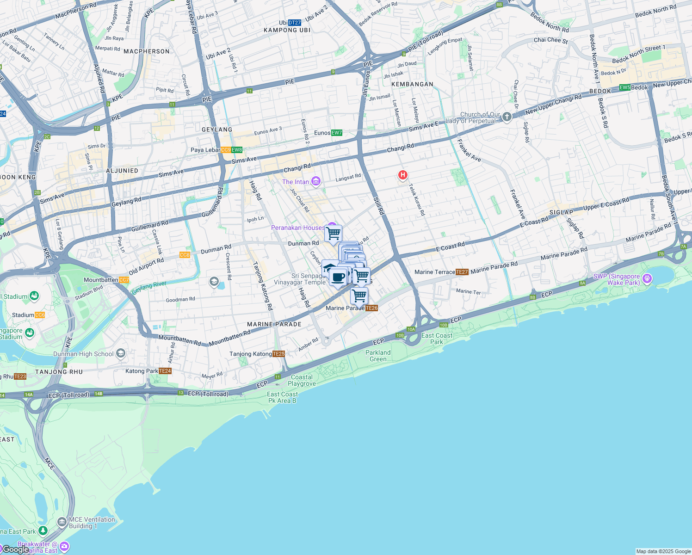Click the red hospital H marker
[x=403, y=175]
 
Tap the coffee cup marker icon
[x=338, y=277]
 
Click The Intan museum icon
[x=316, y=181]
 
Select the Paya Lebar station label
[x=206, y=150]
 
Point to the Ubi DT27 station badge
[x=295, y=22]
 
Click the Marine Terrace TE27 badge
[x=462, y=272]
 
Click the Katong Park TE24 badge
[x=165, y=371]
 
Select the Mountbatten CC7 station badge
[x=124, y=280]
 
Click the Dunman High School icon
[x=121, y=354]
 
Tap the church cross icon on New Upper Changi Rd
[x=507, y=117]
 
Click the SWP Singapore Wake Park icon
[x=647, y=278]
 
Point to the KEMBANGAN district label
[x=412, y=84]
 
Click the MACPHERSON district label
[x=147, y=51]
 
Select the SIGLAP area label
[x=561, y=212]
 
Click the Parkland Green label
[x=378, y=356]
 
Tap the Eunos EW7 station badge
[x=337, y=133]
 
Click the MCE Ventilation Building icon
[x=62, y=523]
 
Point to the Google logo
[x=16, y=549]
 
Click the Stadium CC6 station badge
[x=40, y=315]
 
